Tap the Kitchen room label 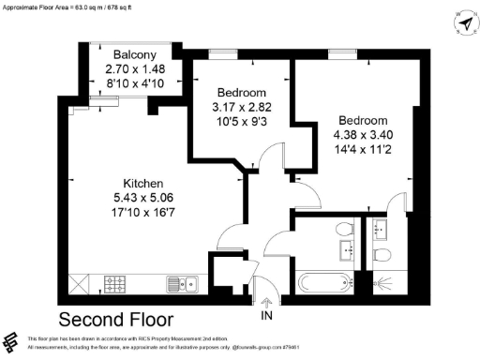[144, 183]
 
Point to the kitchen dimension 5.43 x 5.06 [144, 198]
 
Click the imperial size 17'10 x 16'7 [144, 213]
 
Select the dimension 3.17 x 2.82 [243, 108]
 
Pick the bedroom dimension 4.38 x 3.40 [363, 136]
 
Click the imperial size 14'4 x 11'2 [363, 151]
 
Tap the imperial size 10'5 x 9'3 [243, 123]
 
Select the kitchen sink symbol [181, 282]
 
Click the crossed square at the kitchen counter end [82, 282]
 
